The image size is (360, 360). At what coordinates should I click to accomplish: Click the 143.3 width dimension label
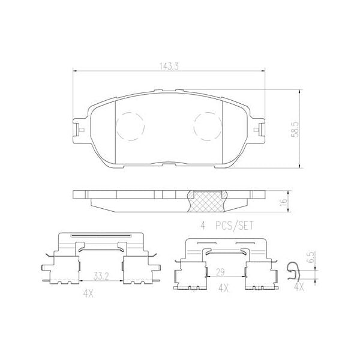pos(169,66)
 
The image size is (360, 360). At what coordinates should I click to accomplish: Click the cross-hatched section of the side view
pos(208,202)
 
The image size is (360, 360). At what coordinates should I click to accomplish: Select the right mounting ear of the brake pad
pos(259,129)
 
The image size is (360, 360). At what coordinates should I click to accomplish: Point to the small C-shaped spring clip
pos(293,271)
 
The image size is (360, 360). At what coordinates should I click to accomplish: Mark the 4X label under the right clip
pos(224,289)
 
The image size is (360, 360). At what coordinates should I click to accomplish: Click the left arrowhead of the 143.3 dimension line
pos(74,71)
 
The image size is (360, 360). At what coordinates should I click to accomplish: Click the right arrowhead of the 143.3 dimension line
pos(264,71)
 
